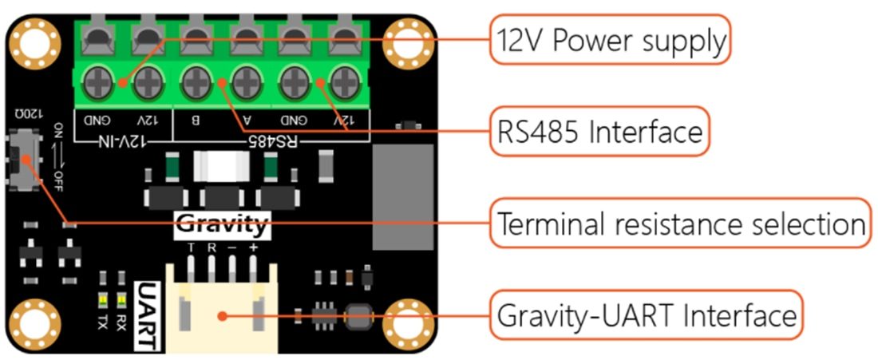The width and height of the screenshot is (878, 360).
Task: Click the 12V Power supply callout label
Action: click(x=610, y=40)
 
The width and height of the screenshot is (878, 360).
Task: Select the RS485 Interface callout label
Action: click(x=599, y=132)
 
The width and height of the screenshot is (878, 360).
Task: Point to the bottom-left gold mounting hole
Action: click(x=34, y=322)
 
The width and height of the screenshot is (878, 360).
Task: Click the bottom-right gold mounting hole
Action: click(x=406, y=322)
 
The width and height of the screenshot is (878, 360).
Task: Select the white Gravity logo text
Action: click(x=221, y=225)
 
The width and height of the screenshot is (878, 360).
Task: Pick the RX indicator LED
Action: click(x=121, y=302)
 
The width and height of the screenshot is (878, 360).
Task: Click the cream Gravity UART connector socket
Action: click(x=222, y=311)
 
